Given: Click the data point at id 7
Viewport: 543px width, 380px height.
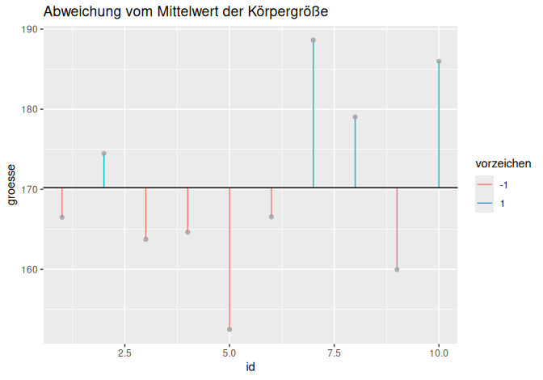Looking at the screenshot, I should click(x=313, y=40).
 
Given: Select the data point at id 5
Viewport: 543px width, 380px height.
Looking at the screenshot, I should click(x=229, y=329).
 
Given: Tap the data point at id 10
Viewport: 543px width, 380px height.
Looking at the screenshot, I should click(x=439, y=61).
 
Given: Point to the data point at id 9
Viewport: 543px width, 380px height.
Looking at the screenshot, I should click(x=397, y=269).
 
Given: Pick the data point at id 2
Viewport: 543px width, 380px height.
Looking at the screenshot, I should click(x=103, y=154).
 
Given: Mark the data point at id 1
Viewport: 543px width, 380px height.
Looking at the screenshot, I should click(x=62, y=217).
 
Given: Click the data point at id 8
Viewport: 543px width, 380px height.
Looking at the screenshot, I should click(x=355, y=117).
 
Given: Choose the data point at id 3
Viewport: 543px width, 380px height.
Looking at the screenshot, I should click(x=145, y=239).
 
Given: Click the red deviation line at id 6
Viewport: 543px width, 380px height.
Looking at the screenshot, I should click(x=271, y=202).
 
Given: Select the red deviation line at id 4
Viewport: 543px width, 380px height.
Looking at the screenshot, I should click(x=187, y=209).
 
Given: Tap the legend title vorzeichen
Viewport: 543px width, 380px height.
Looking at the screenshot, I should click(x=503, y=163).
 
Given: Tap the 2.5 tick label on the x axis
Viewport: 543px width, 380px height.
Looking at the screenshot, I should click(x=124, y=353).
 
